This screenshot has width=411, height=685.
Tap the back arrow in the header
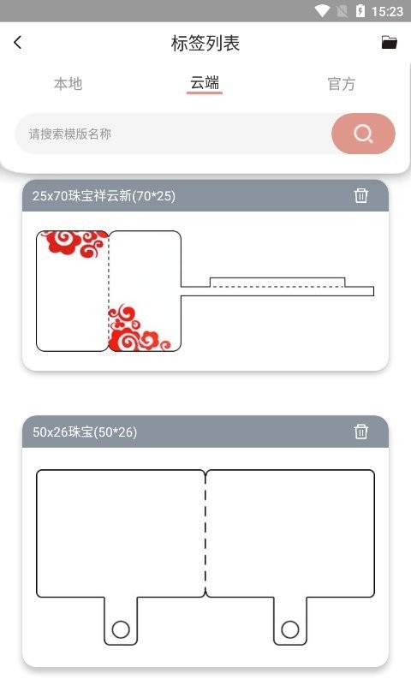[x=18, y=43]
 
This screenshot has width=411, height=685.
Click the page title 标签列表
[x=205, y=44]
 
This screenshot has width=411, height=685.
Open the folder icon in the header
[x=390, y=43]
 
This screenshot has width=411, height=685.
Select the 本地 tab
[x=68, y=84]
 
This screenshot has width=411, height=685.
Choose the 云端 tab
[x=205, y=83]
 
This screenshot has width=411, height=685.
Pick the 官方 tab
[x=341, y=84]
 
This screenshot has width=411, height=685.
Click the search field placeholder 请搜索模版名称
[x=70, y=134]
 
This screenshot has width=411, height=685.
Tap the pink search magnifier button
[x=363, y=134]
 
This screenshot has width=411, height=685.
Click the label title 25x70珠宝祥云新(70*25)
[x=104, y=196]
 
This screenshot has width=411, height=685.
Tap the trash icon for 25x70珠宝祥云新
[x=361, y=195]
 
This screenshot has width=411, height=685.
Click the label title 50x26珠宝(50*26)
[x=85, y=432]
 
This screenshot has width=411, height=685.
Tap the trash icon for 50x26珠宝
[x=361, y=432]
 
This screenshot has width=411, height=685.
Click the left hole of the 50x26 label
[x=121, y=630]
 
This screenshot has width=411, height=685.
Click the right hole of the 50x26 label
[x=290, y=630]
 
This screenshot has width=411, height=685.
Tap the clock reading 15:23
[x=389, y=11]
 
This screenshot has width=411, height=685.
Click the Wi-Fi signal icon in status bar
[x=323, y=11]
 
